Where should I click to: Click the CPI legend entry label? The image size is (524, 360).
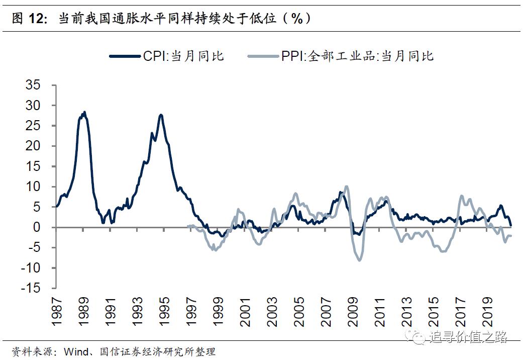click(x=183, y=56)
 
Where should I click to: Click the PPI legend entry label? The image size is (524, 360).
click(x=357, y=56)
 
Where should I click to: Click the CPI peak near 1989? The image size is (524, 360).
click(x=84, y=113)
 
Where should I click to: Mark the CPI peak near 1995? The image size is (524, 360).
click(x=161, y=115)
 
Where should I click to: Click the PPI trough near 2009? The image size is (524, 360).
click(x=359, y=259)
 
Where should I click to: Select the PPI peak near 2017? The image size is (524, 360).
click(x=462, y=196)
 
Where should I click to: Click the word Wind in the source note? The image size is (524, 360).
click(x=75, y=351)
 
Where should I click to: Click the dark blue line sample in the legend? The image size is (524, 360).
click(x=125, y=56)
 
